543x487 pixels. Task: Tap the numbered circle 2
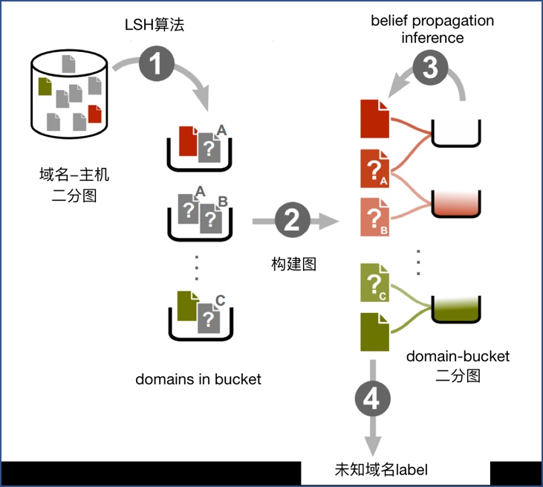coord(291,220)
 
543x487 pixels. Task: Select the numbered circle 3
coord(431,69)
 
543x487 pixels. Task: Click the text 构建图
coord(293,263)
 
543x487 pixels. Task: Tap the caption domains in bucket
coord(198,378)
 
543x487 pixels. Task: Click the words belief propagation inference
coord(432,28)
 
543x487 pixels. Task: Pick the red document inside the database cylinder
coord(94,115)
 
